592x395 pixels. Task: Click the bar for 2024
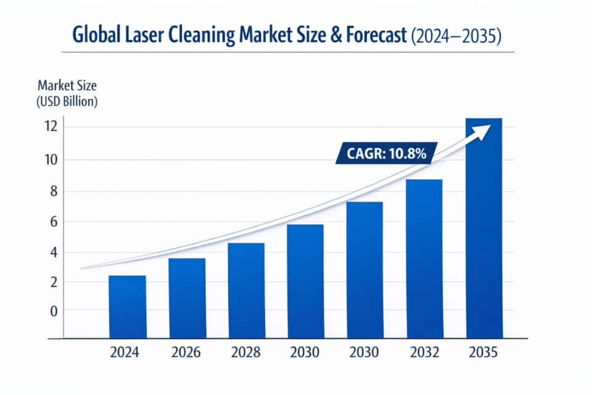tap(127, 306)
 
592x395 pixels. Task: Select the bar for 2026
tap(187, 297)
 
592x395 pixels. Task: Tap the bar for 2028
tap(246, 290)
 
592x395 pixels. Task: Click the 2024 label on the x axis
tap(125, 354)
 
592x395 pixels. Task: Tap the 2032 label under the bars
tap(424, 354)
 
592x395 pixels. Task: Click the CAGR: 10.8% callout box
tap(387, 154)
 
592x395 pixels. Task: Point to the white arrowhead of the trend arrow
tap(484, 130)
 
